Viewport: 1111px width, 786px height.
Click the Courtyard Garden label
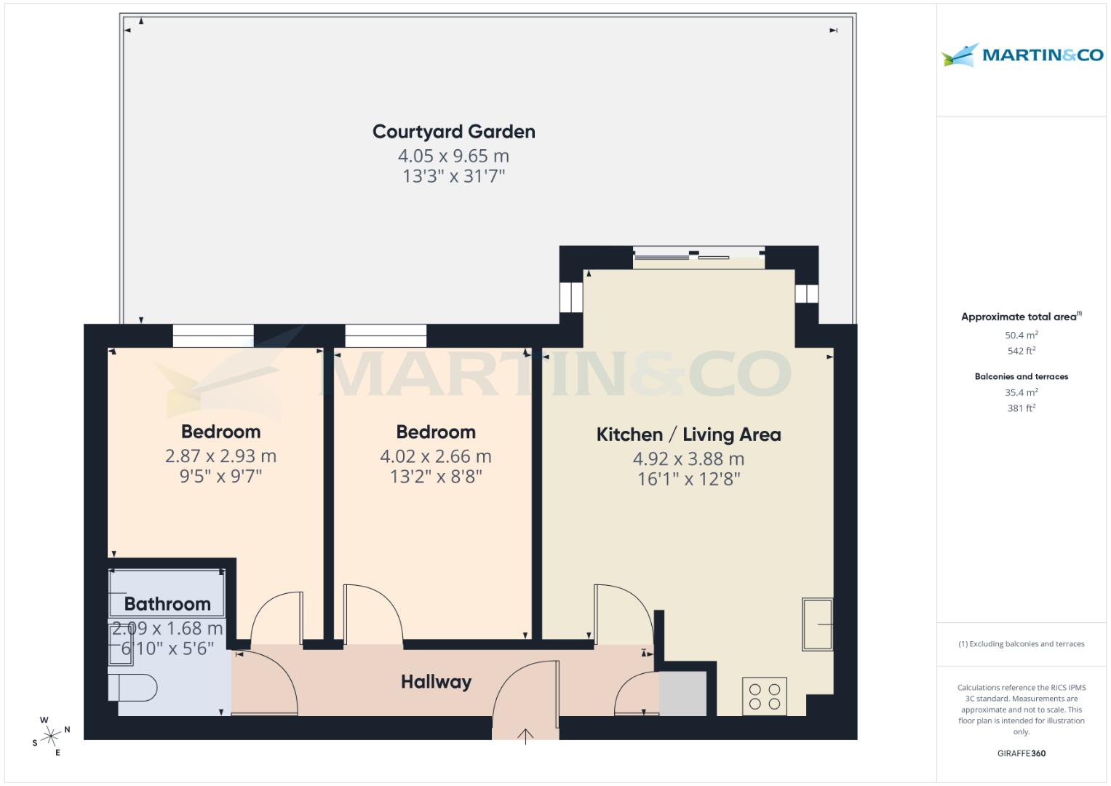[x=453, y=132]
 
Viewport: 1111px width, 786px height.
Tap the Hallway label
[x=436, y=682]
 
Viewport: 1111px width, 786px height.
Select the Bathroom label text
[x=167, y=604]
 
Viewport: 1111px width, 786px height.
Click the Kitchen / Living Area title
[x=688, y=434]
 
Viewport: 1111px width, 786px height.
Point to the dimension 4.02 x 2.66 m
[x=435, y=456]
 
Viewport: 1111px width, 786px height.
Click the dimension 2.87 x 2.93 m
[x=220, y=456]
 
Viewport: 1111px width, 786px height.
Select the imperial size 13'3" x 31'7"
[x=453, y=176]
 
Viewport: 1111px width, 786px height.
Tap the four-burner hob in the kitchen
[x=765, y=696]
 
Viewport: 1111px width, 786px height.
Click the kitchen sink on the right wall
[x=818, y=624]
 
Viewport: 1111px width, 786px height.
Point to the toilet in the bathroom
[x=133, y=687]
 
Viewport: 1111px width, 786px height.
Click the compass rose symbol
[x=51, y=736]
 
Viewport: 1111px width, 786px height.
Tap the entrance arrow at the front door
[x=525, y=736]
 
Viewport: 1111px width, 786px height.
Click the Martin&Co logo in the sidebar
[x=1022, y=55]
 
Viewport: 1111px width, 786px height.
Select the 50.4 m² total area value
[x=1021, y=336]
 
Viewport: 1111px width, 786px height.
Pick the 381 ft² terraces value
[x=1021, y=408]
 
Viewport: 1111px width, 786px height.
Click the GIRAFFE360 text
[x=1021, y=753]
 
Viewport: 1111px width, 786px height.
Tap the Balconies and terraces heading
[x=1021, y=376]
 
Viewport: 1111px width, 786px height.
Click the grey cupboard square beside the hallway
[x=682, y=694]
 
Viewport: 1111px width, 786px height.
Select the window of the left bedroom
[x=213, y=336]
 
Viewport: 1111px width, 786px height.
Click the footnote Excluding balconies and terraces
[x=1021, y=644]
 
